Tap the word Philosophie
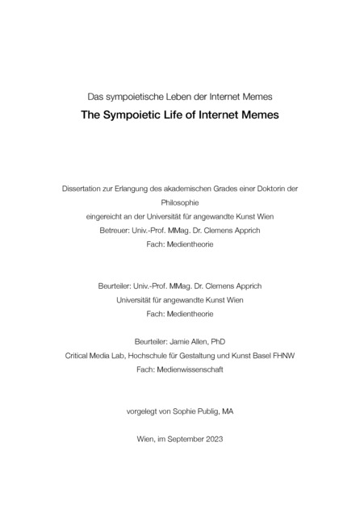click(179, 202)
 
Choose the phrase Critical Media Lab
click(96, 355)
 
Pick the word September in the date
click(186, 439)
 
